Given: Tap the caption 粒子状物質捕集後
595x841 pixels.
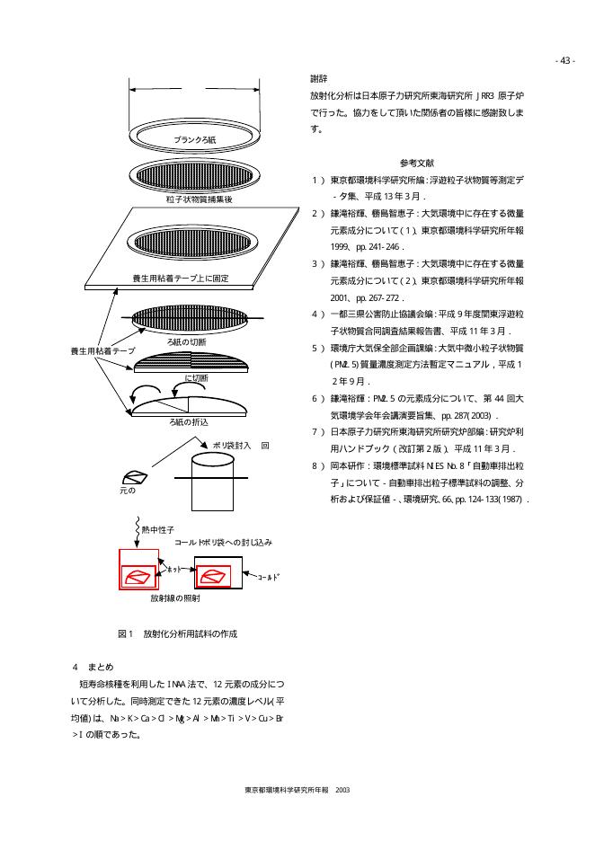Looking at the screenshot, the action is pyautogui.click(x=200, y=199).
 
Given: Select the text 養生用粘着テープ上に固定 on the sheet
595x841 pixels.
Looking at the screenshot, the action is pyautogui.click(x=181, y=279).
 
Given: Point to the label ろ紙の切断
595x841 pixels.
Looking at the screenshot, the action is pyautogui.click(x=187, y=342).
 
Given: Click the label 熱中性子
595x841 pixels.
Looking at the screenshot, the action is pyautogui.click(x=158, y=531).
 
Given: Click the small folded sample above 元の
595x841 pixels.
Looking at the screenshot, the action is pyautogui.click(x=137, y=477).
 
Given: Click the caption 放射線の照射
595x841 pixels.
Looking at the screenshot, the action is pyautogui.click(x=175, y=598).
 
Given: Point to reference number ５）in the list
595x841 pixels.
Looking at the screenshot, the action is pyautogui.click(x=315, y=347).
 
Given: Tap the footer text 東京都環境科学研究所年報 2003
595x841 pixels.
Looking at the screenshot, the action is pyautogui.click(x=297, y=791).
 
